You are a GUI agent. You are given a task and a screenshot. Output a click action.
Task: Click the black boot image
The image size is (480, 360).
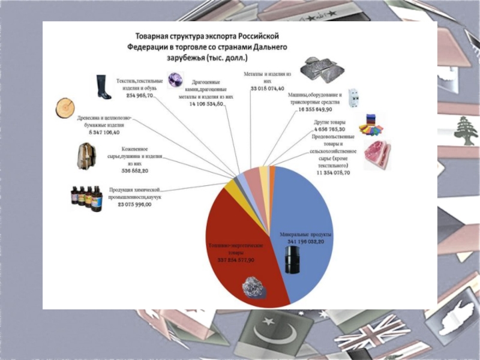(x=103, y=86)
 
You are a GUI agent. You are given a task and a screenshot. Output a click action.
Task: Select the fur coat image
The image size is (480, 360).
(x=86, y=157)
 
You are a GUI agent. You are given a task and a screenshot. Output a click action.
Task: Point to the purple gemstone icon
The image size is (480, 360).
(x=175, y=80)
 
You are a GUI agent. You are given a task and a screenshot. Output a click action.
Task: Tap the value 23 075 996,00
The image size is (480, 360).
(x=134, y=205)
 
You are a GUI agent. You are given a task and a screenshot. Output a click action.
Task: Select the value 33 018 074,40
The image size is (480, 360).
(x=268, y=88)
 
